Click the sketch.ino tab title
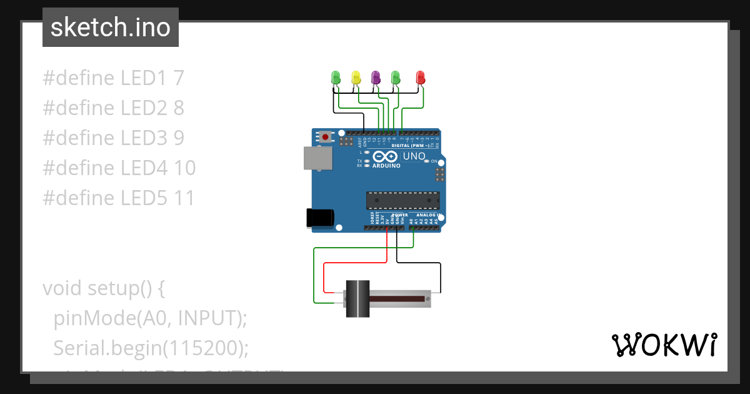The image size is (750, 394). coord(110,28)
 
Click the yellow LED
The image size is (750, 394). coord(356,78)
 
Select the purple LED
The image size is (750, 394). coord(376,78)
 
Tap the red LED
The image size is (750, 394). coord(421,78)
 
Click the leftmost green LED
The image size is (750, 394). coord(336,78)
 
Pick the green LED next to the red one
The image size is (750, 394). coord(396,78)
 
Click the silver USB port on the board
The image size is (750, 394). coord(318,158)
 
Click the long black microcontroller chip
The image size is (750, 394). coord(402,200)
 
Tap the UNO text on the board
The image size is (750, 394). coord(414,156)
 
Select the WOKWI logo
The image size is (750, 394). coord(663,345)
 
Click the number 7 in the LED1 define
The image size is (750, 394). coord(179,78)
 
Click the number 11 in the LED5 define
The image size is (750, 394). coord(185,198)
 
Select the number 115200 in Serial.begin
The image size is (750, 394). coord(199,348)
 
